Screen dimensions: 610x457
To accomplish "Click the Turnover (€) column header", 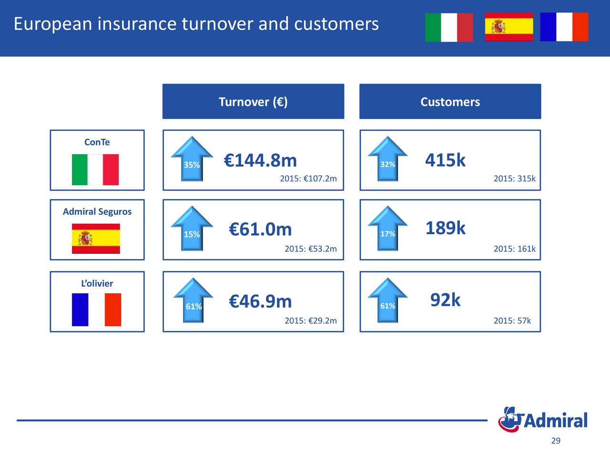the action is [x=253, y=101].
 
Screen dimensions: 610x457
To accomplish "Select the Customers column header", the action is [x=450, y=101].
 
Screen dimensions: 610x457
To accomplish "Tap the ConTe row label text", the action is [x=97, y=142].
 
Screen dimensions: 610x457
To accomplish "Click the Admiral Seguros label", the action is [x=97, y=212].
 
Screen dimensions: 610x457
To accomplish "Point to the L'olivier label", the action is [x=97, y=283].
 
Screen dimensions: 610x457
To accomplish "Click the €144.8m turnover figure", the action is [x=260, y=160].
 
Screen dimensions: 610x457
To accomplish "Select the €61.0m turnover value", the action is [x=260, y=229].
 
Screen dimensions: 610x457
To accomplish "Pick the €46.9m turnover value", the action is [x=260, y=301].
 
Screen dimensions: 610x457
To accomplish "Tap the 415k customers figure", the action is [x=445, y=160].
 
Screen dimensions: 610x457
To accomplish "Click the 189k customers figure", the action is [x=446, y=228].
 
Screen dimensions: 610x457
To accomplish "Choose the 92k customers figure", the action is [x=446, y=300].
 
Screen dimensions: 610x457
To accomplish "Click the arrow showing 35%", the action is [x=192, y=159].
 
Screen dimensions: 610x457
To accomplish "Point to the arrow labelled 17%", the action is [x=387, y=228].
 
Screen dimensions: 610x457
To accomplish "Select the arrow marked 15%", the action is [x=192, y=228].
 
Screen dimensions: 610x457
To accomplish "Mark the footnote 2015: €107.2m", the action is [x=308, y=179].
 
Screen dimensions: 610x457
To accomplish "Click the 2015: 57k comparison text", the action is [x=512, y=321].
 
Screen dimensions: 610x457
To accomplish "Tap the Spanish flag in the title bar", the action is [x=509, y=27].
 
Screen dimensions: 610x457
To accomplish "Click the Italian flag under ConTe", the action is [x=95, y=169].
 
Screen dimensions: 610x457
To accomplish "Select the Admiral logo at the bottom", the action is [x=543, y=419].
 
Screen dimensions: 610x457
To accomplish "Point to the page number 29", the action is [x=556, y=441].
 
